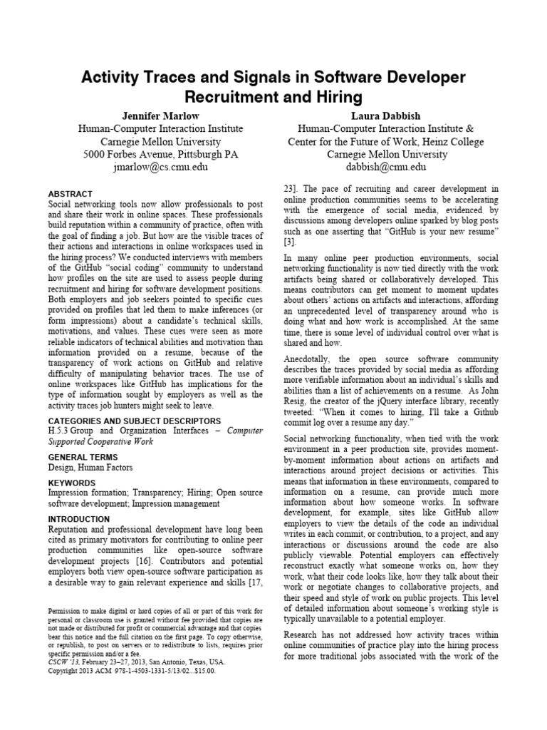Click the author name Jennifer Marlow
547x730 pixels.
[160, 115]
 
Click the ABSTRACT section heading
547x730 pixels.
[70, 194]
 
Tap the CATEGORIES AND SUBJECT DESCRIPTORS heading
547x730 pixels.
[134, 421]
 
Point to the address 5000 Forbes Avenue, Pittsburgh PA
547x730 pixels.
[160, 154]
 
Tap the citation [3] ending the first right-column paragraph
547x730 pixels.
[289, 242]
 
